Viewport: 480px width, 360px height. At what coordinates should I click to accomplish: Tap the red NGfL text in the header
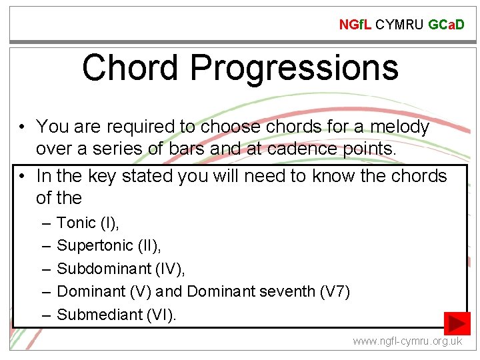pyautogui.click(x=355, y=25)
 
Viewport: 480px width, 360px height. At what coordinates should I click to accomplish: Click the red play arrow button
pyautogui.click(x=457, y=323)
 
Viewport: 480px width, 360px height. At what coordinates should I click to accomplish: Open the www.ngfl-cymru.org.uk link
pyautogui.click(x=407, y=341)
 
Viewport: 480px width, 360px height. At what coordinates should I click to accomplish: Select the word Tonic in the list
pyautogui.click(x=77, y=223)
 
